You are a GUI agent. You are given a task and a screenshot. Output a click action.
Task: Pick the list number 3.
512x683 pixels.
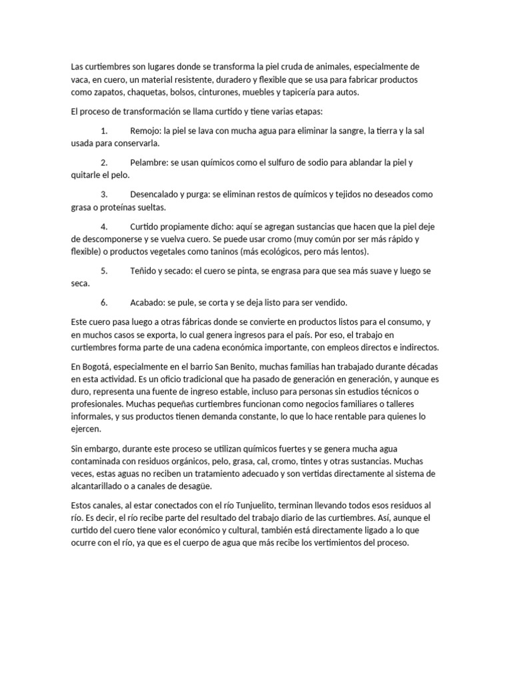coord(104,195)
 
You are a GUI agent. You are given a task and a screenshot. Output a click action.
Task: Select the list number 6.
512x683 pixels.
coord(104,302)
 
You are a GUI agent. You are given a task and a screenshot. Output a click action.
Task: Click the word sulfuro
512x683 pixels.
coord(283,163)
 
